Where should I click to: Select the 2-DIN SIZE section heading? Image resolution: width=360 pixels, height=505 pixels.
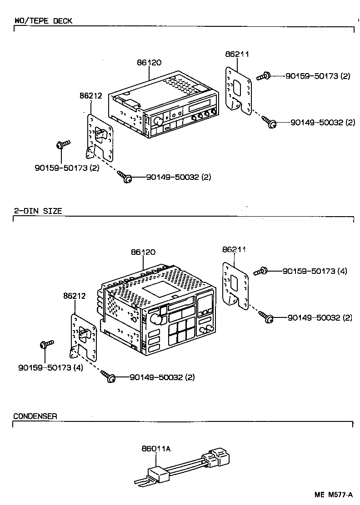coord(38,211)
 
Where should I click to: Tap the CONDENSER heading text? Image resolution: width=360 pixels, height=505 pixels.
coord(35,416)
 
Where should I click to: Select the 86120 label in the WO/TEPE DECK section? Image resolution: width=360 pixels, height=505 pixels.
coord(149,63)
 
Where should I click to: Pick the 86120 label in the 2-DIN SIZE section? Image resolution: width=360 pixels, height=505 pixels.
coord(143,252)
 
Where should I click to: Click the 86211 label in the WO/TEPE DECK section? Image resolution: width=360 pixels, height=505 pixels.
coord(237,54)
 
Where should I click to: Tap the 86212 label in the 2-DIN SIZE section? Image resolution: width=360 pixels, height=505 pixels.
coord(75,296)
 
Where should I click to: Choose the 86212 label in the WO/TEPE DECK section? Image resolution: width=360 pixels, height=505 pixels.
coord(91,96)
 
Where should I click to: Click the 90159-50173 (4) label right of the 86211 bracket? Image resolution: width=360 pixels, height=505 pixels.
coord(315,271)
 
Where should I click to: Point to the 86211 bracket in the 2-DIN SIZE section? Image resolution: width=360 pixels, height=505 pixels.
coord(236,286)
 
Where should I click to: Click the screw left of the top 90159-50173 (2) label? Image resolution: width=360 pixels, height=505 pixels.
coord(264,76)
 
